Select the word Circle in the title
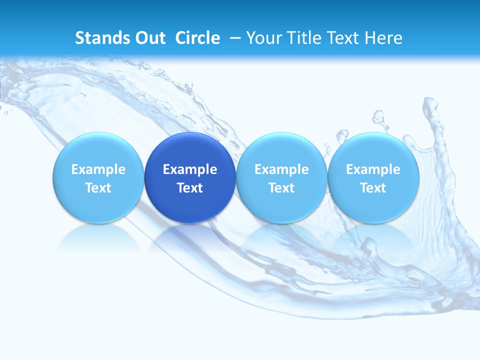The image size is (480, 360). pos(197,38)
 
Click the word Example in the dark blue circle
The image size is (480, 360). pos(190,169)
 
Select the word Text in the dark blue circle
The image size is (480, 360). pos(190,188)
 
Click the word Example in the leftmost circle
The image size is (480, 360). pos(98,169)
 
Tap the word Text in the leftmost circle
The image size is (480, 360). pos(98,188)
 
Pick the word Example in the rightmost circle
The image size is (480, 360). pos(373,169)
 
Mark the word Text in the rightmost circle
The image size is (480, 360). pos(373,188)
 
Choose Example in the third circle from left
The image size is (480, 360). pos(281,169)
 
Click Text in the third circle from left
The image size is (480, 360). pos(281,188)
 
